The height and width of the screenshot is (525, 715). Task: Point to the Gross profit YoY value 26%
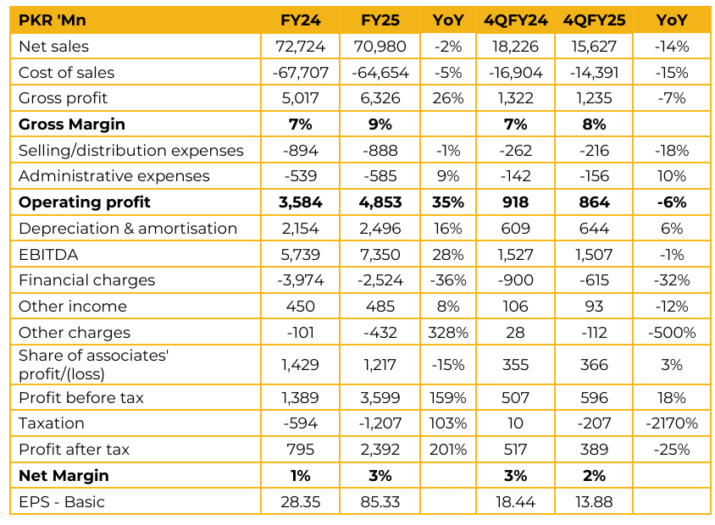(448, 98)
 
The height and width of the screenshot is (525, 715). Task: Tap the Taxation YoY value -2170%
(670, 423)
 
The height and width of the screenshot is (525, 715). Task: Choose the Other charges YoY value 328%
(448, 333)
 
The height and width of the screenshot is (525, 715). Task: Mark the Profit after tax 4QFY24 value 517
(516, 450)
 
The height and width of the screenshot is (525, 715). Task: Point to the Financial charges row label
(86, 280)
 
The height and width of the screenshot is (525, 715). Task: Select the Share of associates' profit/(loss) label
(93, 365)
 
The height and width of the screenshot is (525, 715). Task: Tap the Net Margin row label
(64, 476)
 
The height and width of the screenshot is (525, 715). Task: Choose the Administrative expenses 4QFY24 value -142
(516, 176)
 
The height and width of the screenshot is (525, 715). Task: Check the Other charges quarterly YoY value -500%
(670, 333)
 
